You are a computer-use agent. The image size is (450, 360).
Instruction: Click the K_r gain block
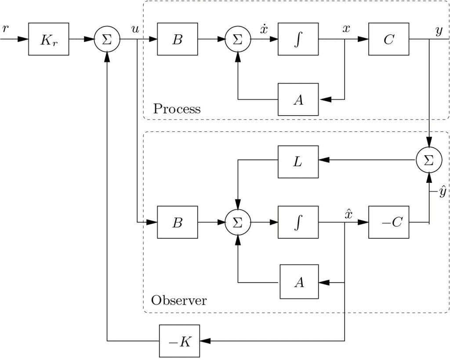coord(48,39)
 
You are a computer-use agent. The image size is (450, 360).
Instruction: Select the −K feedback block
coord(179,342)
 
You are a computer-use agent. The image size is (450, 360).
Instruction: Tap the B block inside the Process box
coord(177,39)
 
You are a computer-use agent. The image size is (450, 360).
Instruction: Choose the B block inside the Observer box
coord(177,222)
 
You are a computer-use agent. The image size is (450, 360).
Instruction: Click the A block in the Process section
coord(298,99)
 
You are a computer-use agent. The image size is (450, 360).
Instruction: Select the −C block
coord(388,222)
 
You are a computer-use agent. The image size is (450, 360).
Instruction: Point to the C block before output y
coord(388,39)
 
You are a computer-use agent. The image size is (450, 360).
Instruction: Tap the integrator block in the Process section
coord(298,39)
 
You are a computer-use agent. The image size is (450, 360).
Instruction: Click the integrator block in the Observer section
coord(298,222)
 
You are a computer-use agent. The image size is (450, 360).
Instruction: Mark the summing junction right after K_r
coord(107,39)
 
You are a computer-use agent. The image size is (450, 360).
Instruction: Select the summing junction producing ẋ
coord(237,39)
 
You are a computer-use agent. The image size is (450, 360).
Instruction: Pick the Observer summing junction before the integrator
coord(237,222)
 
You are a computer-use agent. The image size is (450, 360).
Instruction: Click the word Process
coord(177,109)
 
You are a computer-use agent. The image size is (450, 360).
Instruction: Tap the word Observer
coord(179,301)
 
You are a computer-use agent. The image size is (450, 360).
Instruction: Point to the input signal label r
coord(5,29)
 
